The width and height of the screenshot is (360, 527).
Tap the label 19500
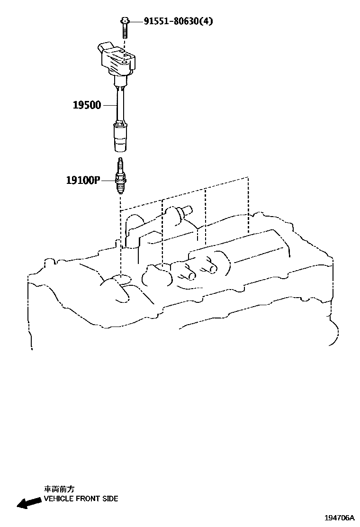[x=87, y=105]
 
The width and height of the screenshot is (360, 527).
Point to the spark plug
[x=121, y=178]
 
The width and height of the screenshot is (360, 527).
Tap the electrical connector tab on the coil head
[x=105, y=49]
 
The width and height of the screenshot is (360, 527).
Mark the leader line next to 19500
[x=109, y=105]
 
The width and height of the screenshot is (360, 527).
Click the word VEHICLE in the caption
[x=59, y=499]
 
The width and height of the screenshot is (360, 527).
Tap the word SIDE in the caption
[x=110, y=499]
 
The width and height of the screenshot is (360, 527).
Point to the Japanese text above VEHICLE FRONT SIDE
[x=59, y=489]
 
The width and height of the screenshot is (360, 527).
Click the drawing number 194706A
[x=339, y=518]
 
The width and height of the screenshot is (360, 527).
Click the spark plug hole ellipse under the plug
[x=121, y=279]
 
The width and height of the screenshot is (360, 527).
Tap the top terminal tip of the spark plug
[x=121, y=161]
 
